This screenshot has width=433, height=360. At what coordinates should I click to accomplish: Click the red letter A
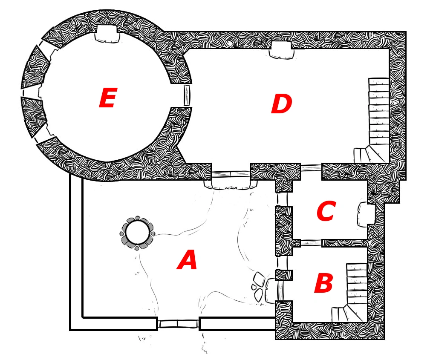tap(187, 260)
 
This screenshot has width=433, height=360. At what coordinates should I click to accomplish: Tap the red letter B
tap(323, 283)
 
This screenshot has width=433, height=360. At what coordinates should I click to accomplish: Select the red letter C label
tap(326, 212)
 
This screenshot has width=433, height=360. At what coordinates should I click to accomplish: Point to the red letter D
tap(281, 104)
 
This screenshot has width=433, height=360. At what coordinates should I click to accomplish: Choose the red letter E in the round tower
tap(107, 99)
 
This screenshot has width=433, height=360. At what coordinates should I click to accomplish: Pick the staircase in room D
tap(377, 121)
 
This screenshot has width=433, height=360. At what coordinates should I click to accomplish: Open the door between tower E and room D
tap(187, 95)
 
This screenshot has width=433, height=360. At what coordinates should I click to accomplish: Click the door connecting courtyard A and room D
tap(231, 174)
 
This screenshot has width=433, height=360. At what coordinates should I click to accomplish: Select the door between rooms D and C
tap(311, 167)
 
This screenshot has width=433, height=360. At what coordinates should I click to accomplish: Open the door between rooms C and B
tap(311, 243)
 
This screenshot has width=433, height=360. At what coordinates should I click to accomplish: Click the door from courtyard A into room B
tap(280, 290)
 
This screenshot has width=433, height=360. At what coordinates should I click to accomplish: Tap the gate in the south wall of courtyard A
tap(178, 324)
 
